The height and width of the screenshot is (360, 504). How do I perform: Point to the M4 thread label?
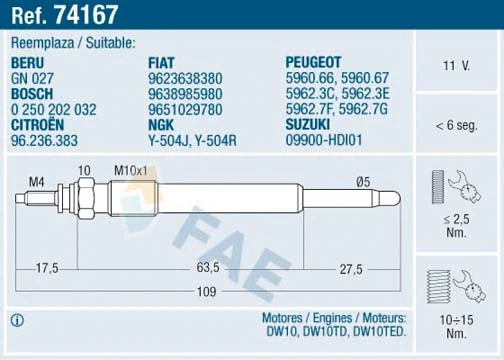pos(36,181)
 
